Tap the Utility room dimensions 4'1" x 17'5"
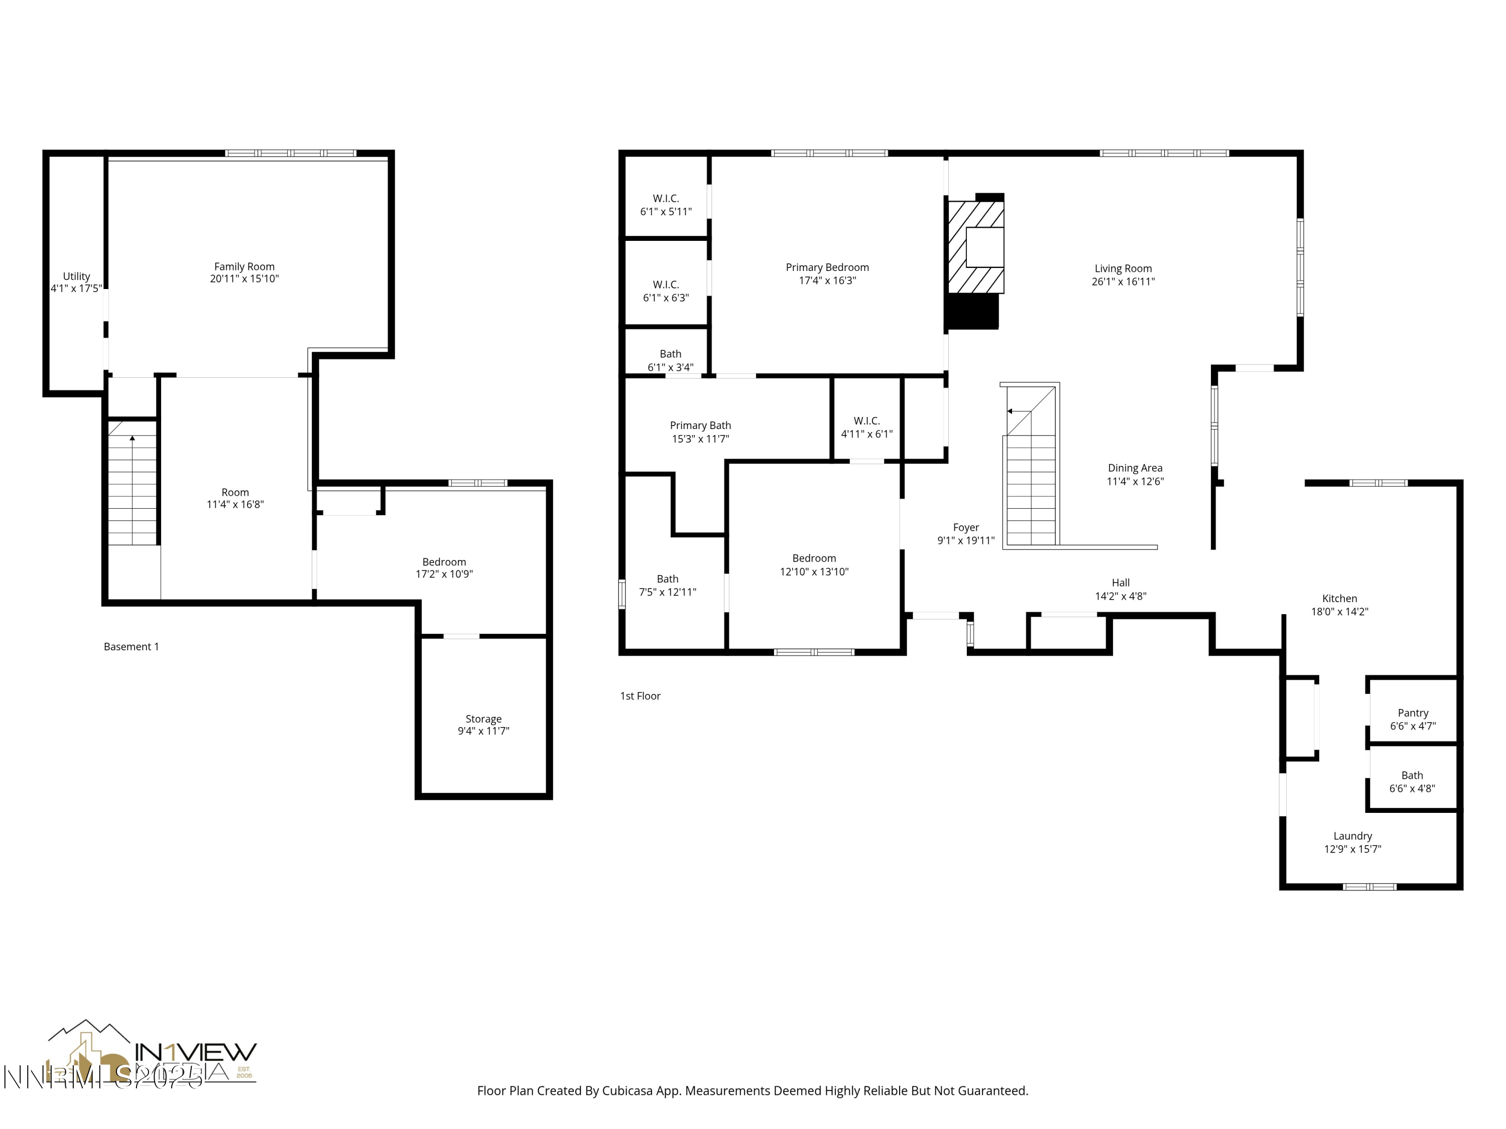76,289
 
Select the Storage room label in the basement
483,719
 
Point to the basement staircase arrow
132,439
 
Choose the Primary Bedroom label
827,267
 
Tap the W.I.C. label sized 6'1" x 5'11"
666,199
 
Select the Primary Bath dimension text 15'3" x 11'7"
701,439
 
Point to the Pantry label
1413,713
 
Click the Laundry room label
1352,835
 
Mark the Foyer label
965,527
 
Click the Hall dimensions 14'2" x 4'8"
1120,596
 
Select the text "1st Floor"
640,695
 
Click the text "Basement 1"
132,646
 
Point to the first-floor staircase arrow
1011,411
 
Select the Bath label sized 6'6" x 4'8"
1412,775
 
